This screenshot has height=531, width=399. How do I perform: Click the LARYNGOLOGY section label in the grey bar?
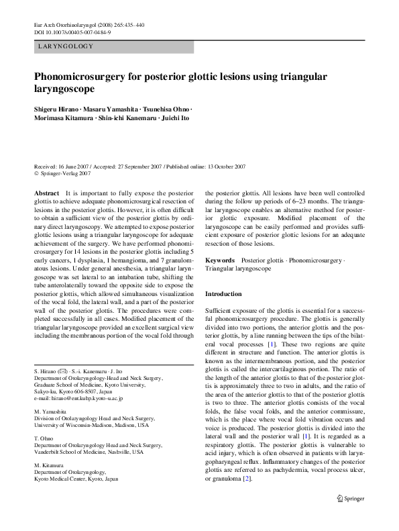point(66,47)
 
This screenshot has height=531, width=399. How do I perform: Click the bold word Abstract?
point(48,193)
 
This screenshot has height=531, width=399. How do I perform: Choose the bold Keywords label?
point(220,259)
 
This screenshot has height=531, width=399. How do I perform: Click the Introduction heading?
point(223,294)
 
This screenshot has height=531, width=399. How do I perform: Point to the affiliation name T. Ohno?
point(43,438)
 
